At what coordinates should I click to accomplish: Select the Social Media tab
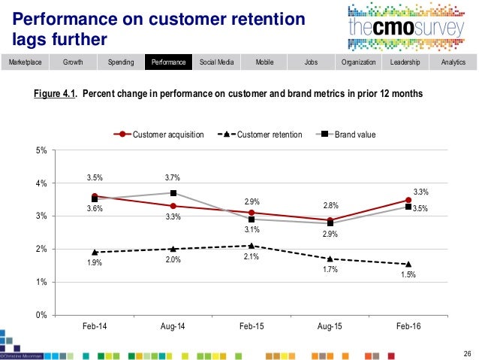click(x=215, y=62)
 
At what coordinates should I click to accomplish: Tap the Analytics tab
click(x=453, y=62)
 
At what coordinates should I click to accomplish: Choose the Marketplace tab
click(x=25, y=62)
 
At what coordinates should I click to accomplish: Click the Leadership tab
click(x=405, y=62)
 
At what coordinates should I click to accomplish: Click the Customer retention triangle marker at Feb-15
click(x=251, y=246)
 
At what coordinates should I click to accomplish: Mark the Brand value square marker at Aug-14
click(x=173, y=193)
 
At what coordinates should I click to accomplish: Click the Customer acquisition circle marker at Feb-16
click(x=408, y=201)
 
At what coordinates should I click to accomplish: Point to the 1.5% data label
click(x=408, y=275)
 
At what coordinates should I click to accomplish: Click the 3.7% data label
click(x=173, y=177)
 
